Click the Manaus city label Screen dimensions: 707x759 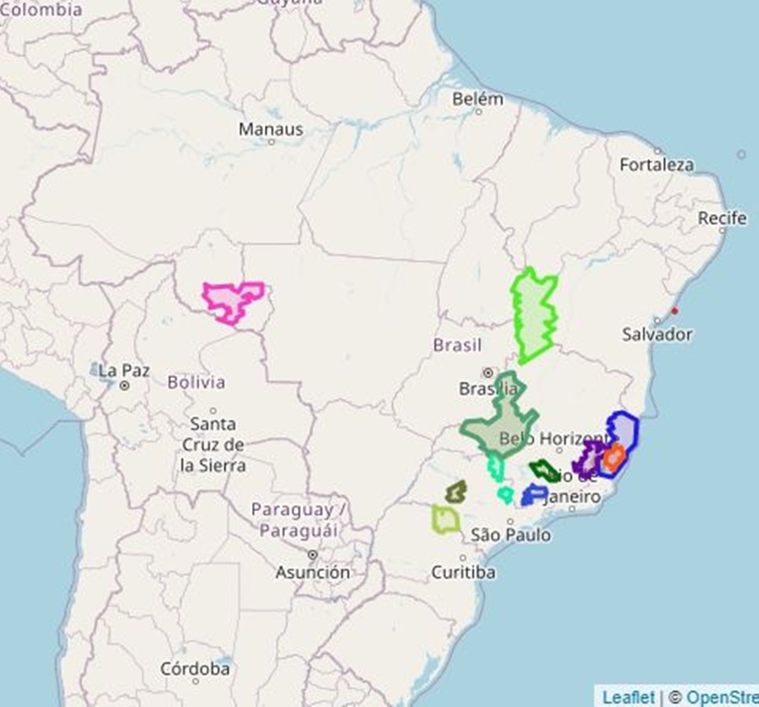tap(271, 130)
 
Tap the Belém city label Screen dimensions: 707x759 tap(477, 99)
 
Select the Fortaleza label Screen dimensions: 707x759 tap(657, 165)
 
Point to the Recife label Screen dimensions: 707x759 tap(722, 219)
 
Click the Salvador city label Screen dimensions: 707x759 tap(657, 334)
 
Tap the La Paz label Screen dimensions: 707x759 tap(124, 370)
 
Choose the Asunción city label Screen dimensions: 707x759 tap(312, 572)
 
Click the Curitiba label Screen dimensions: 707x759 tap(463, 572)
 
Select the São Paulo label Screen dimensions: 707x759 tap(511, 535)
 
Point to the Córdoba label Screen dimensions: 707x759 tap(195, 669)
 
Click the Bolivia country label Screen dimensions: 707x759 tap(196, 382)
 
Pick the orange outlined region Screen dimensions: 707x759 tap(614, 457)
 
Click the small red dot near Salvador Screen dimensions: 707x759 tap(674, 310)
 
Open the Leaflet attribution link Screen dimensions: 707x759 tap(627, 697)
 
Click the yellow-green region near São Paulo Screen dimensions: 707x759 tap(445, 519)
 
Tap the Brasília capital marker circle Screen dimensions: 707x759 tap(487, 372)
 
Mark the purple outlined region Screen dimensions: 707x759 tap(588, 458)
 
